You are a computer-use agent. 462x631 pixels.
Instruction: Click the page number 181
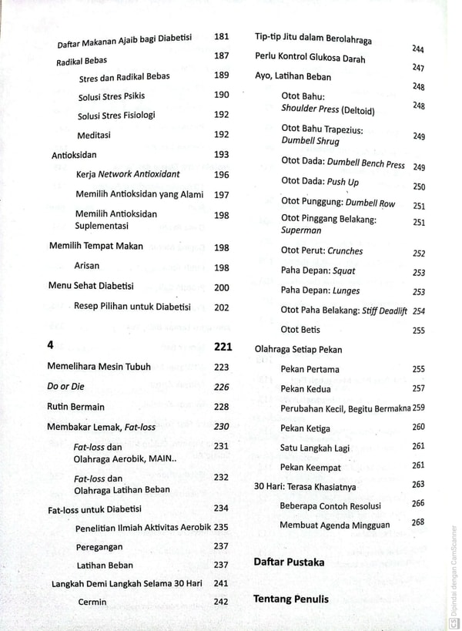coord(222,36)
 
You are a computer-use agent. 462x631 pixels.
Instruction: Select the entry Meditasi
coord(94,135)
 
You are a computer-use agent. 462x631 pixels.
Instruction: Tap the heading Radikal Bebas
coord(82,60)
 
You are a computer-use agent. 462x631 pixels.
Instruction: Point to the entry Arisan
coord(87,267)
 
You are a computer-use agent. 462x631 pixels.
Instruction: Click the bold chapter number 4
coord(50,346)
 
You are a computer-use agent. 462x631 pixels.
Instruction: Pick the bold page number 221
coord(222,346)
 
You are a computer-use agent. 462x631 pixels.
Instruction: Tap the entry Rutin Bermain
coord(75,407)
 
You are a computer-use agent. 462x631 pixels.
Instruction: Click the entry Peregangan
coord(102,547)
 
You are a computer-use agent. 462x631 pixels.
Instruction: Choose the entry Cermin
coord(92,602)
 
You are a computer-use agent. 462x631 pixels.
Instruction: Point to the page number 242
coord(221,602)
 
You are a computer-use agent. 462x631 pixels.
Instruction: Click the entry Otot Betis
coord(300,330)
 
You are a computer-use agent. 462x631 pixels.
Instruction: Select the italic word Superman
coord(302,230)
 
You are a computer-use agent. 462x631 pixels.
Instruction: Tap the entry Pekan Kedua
coord(306,389)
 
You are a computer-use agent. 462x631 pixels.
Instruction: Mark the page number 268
coord(418,522)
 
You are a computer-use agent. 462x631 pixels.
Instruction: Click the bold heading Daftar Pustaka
coord(289,562)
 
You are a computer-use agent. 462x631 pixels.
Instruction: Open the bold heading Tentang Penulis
coord(291,599)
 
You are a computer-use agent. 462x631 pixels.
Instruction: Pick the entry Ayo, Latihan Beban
coord(293,76)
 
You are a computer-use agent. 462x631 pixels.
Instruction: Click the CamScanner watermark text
coord(453,571)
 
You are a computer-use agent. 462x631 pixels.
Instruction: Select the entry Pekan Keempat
coord(310,468)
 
